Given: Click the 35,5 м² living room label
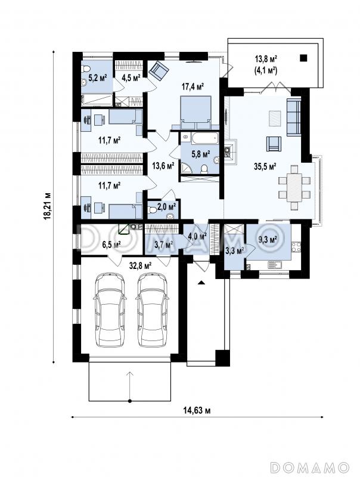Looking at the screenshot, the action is tap(265, 166).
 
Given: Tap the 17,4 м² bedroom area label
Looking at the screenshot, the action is tap(193, 86).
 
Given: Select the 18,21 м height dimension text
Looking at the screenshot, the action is tap(47, 206).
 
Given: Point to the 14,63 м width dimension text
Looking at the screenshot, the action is tap(197, 411).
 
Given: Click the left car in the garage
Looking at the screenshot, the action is tap(110, 309).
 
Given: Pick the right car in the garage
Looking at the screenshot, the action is tap(152, 309).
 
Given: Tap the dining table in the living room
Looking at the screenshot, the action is tap(294, 188).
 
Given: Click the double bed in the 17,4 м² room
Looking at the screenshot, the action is tap(195, 113).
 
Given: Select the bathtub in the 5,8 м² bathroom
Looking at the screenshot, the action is tap(205, 139).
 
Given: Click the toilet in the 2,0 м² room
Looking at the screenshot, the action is tap(152, 210).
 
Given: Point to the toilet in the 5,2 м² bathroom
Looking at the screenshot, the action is tap(85, 68).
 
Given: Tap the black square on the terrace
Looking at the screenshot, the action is tap(303, 57).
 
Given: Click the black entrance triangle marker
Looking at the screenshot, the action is tap(200, 283).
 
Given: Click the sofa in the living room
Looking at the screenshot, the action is tap(294, 116).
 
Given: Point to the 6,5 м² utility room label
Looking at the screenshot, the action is tap(111, 244).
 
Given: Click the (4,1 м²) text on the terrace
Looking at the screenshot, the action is tap(265, 71).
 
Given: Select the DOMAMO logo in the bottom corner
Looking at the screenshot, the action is tap(310, 467).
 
